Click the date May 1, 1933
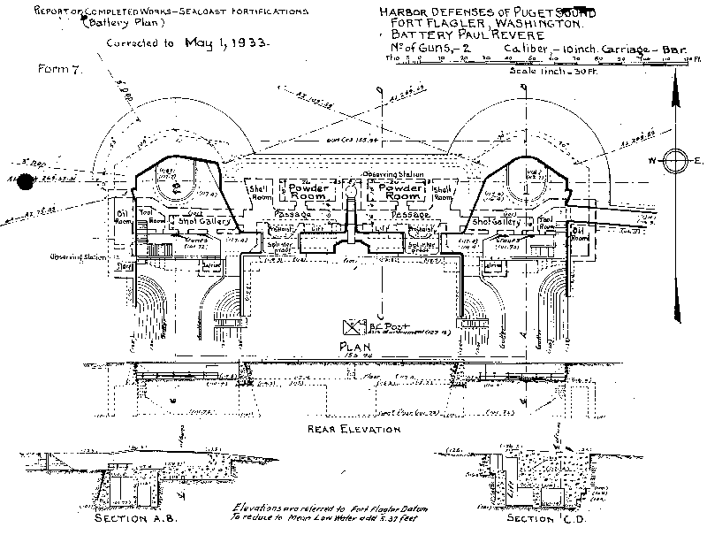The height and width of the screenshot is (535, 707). (x=222, y=41)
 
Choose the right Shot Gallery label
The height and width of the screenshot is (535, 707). (x=498, y=221)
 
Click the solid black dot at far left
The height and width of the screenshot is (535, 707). (x=26, y=182)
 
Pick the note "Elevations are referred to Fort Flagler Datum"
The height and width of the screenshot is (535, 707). (x=319, y=509)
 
